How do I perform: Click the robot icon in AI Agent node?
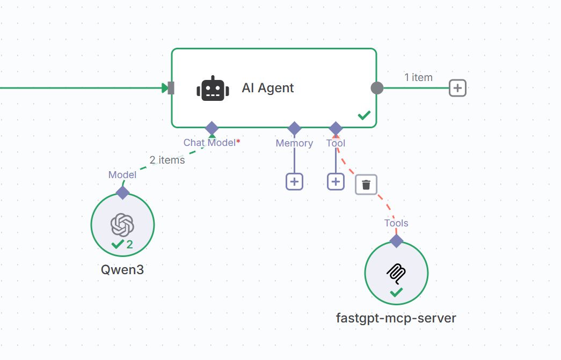point(213,89)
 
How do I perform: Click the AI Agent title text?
point(267,89)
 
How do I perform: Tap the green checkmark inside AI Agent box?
point(365,115)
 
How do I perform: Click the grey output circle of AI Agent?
point(377,88)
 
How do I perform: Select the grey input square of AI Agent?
point(171,88)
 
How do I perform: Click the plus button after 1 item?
point(457,88)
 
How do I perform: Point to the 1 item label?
point(418,77)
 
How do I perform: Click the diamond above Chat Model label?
point(212,128)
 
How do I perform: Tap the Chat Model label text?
point(209,142)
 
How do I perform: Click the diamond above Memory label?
point(294,128)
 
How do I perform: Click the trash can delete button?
point(366,185)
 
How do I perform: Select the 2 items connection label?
point(167,160)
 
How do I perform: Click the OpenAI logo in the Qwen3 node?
point(122,224)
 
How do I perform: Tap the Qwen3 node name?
point(122,269)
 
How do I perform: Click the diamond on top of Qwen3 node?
point(123,193)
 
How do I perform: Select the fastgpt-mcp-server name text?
point(396,318)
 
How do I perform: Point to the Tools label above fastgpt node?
point(396,223)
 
